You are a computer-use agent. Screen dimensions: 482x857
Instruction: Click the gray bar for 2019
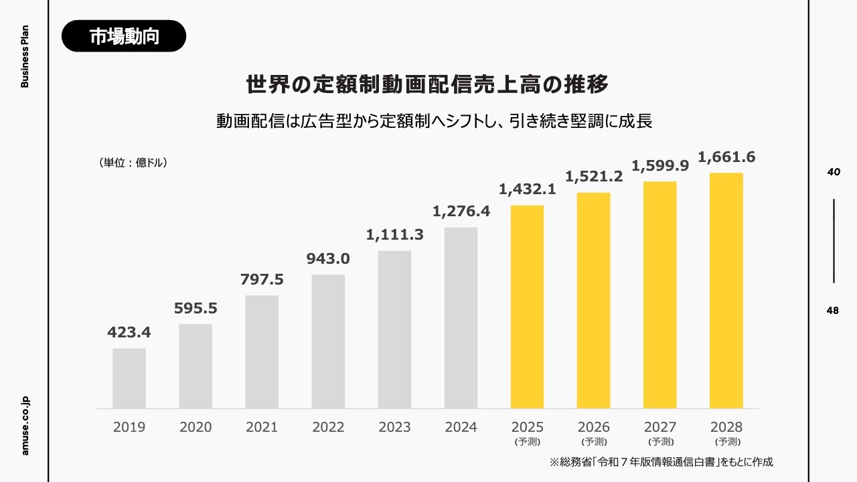click(x=129, y=378)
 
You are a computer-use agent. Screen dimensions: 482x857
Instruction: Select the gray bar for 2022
click(x=328, y=341)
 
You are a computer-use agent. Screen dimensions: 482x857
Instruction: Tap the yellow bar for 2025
click(x=527, y=307)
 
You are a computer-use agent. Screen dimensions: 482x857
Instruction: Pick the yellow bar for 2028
click(x=726, y=291)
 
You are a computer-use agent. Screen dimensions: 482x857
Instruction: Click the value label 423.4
click(x=129, y=333)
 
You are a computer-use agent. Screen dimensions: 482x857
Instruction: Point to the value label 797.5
click(x=262, y=280)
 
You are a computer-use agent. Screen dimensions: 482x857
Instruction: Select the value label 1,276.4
click(x=461, y=212)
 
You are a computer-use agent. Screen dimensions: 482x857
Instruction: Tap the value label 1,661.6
click(x=726, y=157)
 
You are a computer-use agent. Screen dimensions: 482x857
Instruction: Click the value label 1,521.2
click(x=594, y=177)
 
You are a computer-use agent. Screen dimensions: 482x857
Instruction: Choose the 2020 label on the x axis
click(x=196, y=427)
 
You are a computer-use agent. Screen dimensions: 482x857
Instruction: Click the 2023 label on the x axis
click(x=394, y=427)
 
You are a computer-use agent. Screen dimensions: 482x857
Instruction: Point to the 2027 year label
click(x=660, y=427)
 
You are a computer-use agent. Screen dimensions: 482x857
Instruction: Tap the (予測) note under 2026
click(x=594, y=442)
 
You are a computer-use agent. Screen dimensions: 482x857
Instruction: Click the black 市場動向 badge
click(x=124, y=36)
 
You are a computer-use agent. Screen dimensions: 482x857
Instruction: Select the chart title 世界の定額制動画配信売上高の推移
click(x=427, y=86)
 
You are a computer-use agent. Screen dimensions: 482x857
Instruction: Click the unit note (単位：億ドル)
click(x=132, y=163)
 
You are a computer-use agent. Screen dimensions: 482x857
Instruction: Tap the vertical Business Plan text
click(x=25, y=57)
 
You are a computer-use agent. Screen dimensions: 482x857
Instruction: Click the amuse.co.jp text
click(x=25, y=426)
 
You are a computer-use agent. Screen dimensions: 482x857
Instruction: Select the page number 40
click(x=834, y=172)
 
